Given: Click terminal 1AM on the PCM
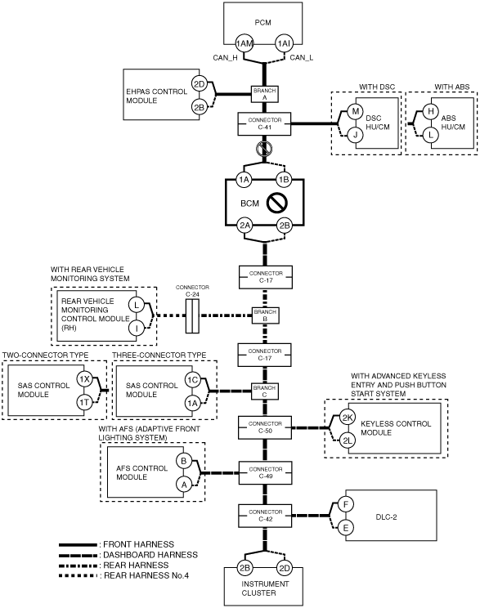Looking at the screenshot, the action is [244, 43].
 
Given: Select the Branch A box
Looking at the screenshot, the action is [265, 94].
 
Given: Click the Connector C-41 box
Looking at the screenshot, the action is [264, 123].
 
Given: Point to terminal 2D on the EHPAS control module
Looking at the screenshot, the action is [199, 84].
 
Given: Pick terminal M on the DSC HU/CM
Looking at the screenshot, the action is [355, 112].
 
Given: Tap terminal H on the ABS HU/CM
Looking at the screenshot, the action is [430, 112].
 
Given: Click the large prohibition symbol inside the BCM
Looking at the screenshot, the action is [277, 203].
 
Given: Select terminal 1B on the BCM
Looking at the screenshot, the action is [284, 180].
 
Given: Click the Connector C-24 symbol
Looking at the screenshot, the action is [192, 315].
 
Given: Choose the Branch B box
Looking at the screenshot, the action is [265, 315].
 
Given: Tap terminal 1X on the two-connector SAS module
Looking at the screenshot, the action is [84, 379].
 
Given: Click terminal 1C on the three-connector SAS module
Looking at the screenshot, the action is [192, 380].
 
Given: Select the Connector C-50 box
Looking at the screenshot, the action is [265, 427].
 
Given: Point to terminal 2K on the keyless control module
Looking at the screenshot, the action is [348, 418].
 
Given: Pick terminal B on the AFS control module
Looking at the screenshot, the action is [184, 461].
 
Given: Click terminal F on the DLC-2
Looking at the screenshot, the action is [345, 504].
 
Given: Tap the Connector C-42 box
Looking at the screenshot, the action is [265, 516].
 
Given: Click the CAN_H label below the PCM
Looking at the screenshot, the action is [225, 58].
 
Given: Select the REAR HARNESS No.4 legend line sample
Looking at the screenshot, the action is [78, 576].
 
